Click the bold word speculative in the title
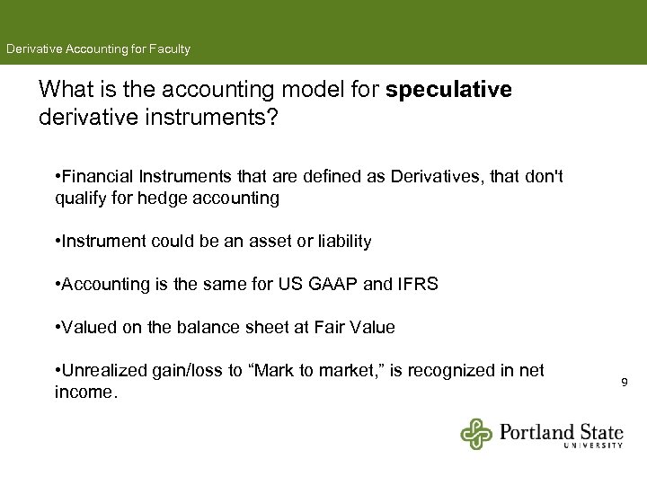click(x=448, y=90)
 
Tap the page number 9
click(x=625, y=384)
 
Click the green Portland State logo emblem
click(x=477, y=433)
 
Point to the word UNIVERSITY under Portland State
click(x=594, y=445)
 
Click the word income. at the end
click(x=85, y=392)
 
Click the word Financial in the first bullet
click(x=96, y=177)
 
